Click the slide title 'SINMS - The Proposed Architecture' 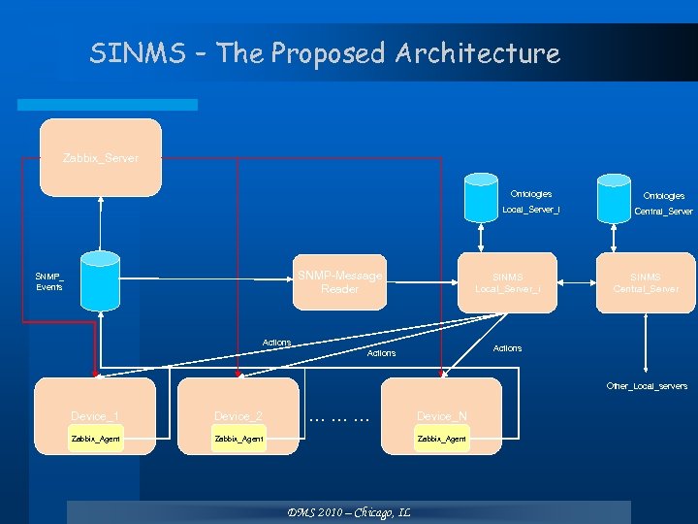(325, 52)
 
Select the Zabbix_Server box (100, 156)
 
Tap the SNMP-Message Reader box (339, 282)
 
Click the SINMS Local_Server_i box (508, 282)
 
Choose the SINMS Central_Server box (646, 282)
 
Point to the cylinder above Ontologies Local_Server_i (480, 198)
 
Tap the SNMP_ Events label (49, 281)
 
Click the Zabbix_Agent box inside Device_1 (95, 439)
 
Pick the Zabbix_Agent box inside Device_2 (238, 439)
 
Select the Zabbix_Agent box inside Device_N (441, 439)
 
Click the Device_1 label (95, 416)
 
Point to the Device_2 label (238, 416)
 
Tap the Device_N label (442, 416)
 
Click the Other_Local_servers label (647, 385)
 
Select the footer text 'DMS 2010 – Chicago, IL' (348, 512)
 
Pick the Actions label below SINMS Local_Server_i (507, 347)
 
